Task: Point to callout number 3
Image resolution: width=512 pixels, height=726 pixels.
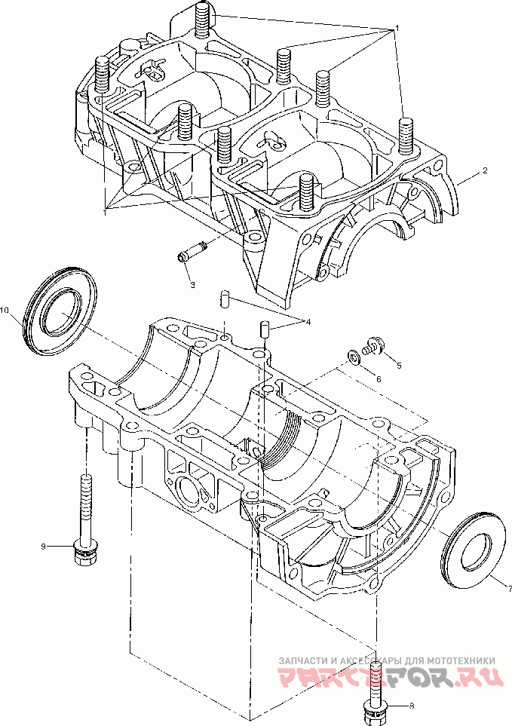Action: (192, 284)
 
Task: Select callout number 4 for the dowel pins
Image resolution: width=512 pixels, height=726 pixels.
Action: (307, 322)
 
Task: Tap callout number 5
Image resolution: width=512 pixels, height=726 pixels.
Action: (399, 366)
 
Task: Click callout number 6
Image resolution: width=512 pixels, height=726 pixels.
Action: (379, 378)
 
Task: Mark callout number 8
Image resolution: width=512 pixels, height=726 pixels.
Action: (411, 706)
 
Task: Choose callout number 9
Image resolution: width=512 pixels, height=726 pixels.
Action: (44, 545)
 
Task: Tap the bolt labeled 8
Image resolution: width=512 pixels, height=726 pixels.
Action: (376, 690)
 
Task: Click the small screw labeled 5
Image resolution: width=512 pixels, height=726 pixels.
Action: (373, 346)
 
